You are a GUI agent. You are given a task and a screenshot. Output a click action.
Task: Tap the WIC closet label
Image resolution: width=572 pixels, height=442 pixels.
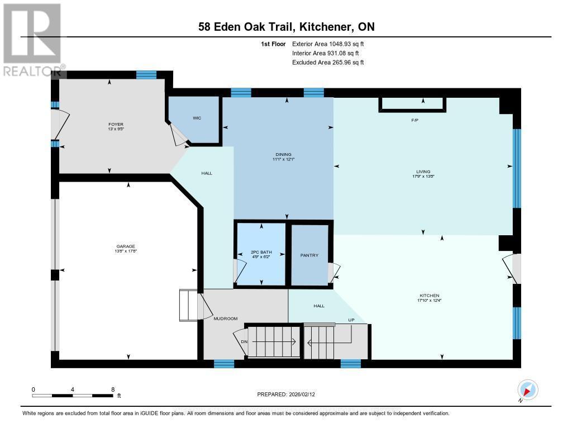click(197, 118)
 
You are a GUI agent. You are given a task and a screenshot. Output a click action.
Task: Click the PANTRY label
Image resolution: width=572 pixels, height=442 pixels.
click(309, 255)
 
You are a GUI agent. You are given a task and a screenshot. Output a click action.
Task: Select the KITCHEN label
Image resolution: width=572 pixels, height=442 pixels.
click(430, 296)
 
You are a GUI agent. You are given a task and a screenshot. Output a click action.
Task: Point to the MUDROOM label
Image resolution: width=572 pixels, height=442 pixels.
click(226, 319)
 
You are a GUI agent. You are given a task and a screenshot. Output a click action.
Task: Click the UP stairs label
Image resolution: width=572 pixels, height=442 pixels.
click(351, 320)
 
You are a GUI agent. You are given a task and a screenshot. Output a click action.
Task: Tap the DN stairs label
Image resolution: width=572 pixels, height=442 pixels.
click(244, 341)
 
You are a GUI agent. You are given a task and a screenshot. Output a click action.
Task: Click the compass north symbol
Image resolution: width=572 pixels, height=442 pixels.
click(527, 389)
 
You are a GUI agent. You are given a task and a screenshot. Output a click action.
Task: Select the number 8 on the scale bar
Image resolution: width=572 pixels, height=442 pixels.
click(113, 389)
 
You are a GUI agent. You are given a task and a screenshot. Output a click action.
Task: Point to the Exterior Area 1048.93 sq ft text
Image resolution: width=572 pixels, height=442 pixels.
click(328, 44)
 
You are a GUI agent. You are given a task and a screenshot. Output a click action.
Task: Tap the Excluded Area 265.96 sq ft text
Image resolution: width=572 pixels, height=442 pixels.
click(328, 63)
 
